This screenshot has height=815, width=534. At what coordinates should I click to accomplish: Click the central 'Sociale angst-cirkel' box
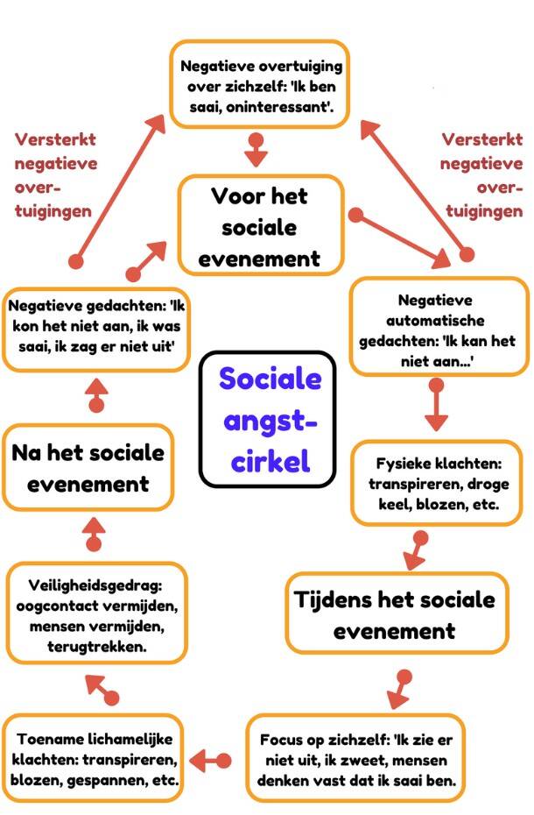268,419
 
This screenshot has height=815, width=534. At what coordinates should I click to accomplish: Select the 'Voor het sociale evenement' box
259,227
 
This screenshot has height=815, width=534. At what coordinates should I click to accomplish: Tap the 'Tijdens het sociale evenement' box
395,613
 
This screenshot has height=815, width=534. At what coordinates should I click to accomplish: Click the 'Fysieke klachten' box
438,482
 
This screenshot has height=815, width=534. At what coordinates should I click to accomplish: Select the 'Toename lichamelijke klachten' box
95,757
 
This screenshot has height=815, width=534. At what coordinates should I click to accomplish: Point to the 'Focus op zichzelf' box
355,757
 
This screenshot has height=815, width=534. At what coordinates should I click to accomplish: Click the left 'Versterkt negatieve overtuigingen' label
57,175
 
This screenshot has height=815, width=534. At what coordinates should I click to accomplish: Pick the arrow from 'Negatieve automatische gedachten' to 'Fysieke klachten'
435,407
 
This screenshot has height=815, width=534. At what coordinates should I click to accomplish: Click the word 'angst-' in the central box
270,422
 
